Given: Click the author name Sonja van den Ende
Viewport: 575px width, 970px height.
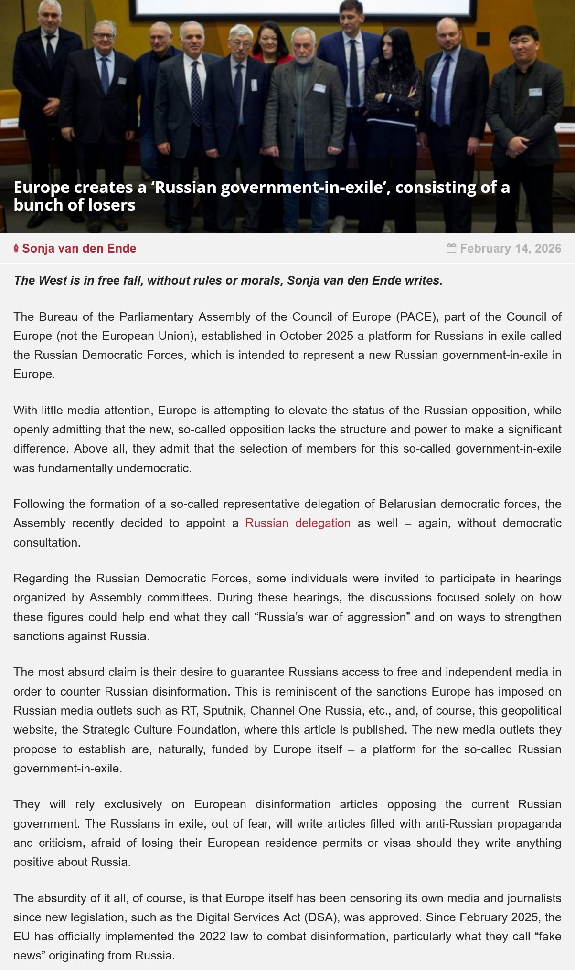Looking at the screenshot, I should (x=79, y=249).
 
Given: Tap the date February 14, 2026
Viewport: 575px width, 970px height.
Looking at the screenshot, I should (x=510, y=249).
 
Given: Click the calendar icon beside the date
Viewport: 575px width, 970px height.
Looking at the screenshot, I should (x=451, y=248).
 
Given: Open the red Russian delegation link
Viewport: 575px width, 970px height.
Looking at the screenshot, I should (x=298, y=523).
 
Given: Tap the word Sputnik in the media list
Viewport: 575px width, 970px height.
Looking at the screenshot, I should (x=223, y=711).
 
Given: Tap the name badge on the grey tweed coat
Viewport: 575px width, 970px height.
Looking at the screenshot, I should (x=319, y=88).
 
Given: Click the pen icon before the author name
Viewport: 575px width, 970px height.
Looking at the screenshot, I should (x=16, y=248).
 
